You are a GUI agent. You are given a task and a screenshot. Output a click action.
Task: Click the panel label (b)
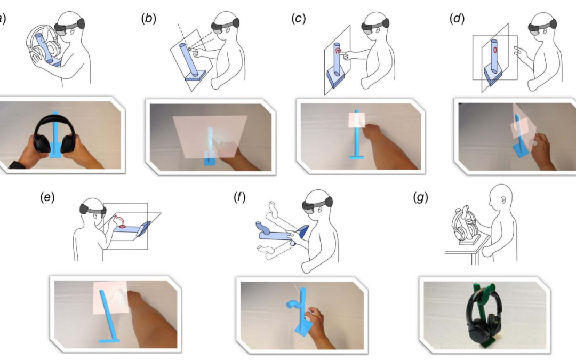pos(149,18)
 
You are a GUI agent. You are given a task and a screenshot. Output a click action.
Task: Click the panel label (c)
pos(299,18)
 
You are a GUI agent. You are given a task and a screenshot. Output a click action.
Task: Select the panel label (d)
pos(457,18)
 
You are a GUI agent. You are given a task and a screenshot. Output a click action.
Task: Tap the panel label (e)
pos(47,197)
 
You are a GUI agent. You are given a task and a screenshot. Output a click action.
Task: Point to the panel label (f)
pos(239,197)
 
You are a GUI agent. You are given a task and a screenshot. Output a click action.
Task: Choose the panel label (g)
pos(420,197)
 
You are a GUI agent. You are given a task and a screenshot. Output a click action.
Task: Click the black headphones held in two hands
pos(54,134)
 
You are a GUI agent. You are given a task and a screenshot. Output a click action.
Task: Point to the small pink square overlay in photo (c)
pos(357,120)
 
